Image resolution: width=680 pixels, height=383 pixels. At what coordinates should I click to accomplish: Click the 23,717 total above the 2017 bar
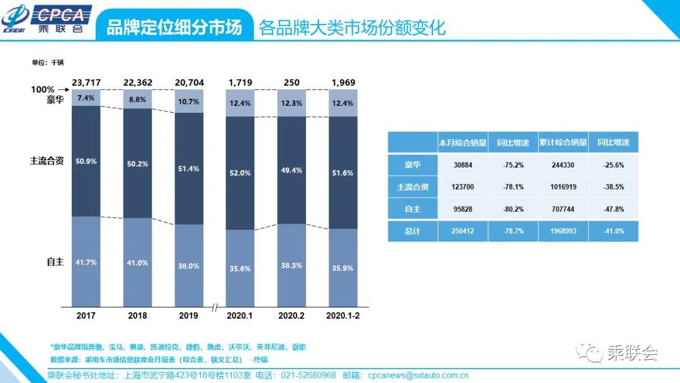click(86, 83)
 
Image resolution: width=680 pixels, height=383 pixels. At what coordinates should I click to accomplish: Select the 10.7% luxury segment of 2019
click(189, 101)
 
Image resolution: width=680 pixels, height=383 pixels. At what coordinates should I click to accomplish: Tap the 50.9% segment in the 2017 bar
click(86, 161)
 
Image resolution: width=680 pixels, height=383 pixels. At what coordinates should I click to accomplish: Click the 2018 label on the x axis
click(137, 315)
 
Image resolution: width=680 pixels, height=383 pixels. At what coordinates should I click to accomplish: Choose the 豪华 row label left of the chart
click(55, 100)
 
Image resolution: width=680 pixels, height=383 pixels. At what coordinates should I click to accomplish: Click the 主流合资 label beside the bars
click(47, 161)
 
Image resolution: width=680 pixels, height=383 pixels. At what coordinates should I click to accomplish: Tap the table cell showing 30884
click(463, 164)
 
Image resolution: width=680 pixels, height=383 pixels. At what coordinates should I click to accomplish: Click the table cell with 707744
click(563, 209)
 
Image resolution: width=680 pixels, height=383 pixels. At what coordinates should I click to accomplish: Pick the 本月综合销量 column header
click(463, 142)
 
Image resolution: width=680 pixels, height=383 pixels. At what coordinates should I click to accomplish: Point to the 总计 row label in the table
click(412, 231)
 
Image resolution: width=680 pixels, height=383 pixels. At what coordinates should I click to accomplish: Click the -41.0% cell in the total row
click(613, 231)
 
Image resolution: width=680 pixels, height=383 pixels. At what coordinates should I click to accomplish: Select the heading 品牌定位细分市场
click(174, 28)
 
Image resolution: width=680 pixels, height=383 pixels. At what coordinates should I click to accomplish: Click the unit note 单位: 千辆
click(48, 62)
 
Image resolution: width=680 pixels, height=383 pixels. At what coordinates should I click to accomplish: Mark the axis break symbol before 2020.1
click(215, 307)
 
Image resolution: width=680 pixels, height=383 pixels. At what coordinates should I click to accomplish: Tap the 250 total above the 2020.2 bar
click(292, 83)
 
